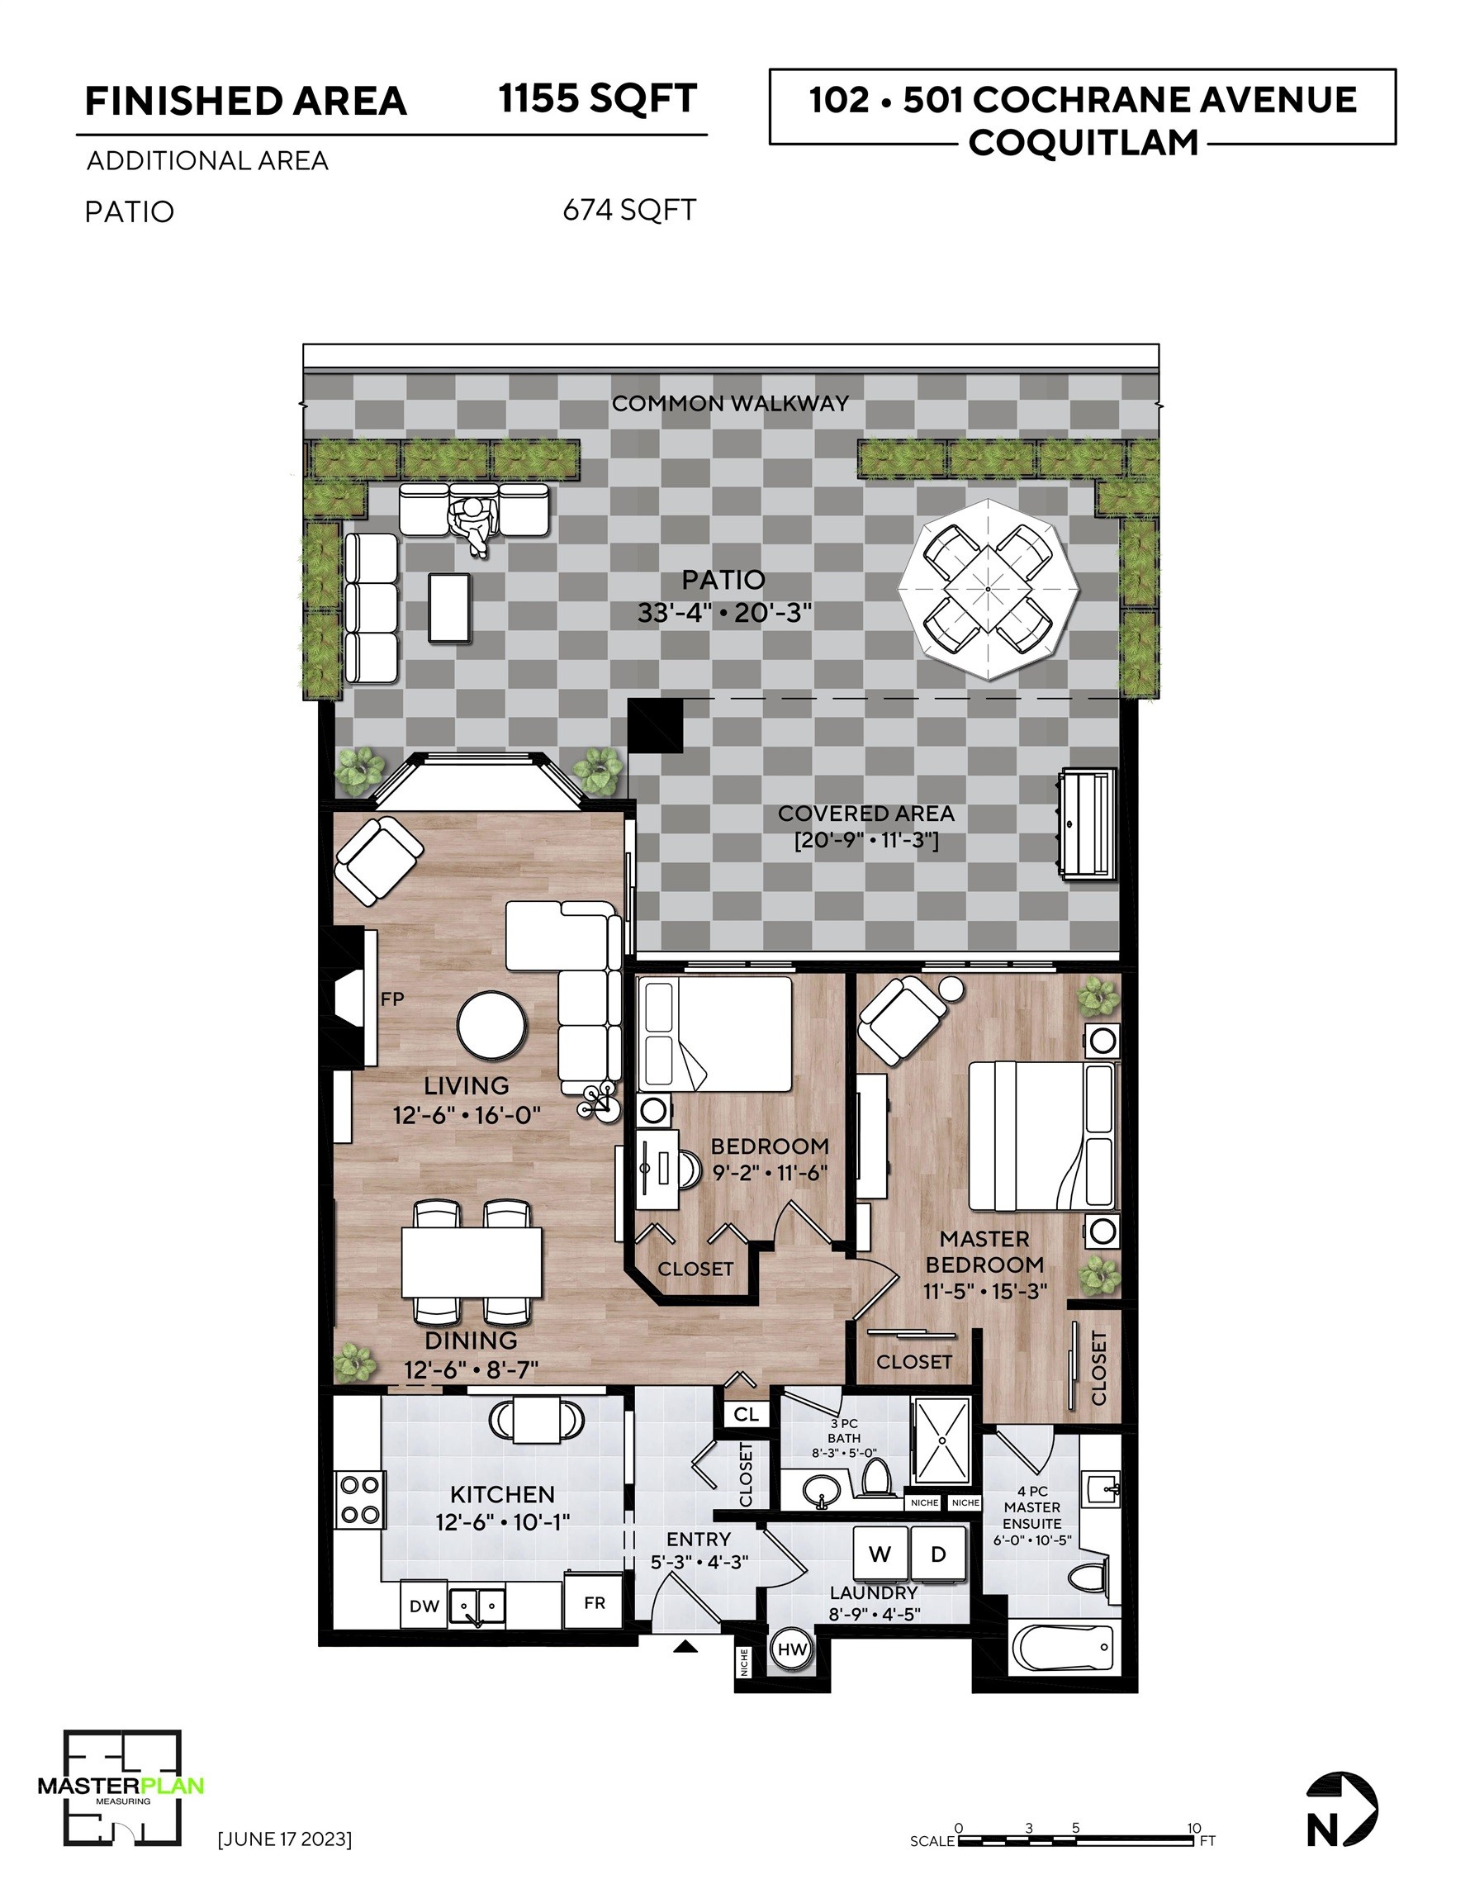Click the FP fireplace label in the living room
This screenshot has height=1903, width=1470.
pos(392,999)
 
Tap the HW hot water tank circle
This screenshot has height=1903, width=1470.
pos(792,1649)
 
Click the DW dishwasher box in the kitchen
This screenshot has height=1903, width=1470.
pos(424,1605)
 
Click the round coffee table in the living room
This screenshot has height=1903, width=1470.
pos(492,1026)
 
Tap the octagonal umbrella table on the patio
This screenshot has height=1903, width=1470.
pos(989,589)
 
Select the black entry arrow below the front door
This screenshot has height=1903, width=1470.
pos(685,1646)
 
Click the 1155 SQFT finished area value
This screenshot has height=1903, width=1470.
pos(598,98)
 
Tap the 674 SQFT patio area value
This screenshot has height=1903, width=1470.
pos(629,210)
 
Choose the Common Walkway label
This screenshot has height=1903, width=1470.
pos(729,403)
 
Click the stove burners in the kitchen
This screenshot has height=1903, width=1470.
pos(360,1499)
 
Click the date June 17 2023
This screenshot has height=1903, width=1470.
pos(284,1839)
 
